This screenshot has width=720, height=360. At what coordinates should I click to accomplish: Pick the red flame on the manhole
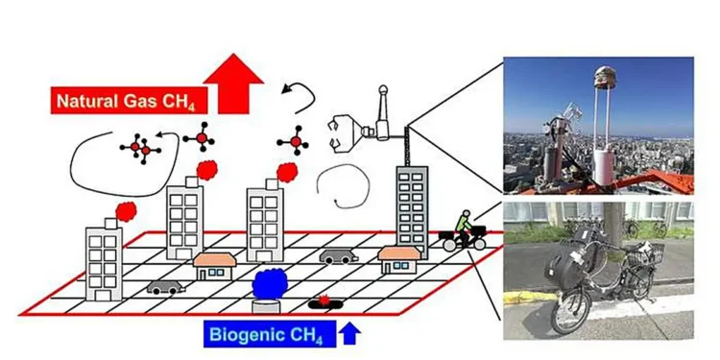coord(325,301)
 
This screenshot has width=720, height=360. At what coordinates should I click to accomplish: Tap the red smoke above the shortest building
coord(123,209)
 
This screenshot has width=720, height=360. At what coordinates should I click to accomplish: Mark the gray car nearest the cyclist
coord(337,257)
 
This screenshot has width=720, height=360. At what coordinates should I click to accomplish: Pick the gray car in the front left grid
coord(162,287)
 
